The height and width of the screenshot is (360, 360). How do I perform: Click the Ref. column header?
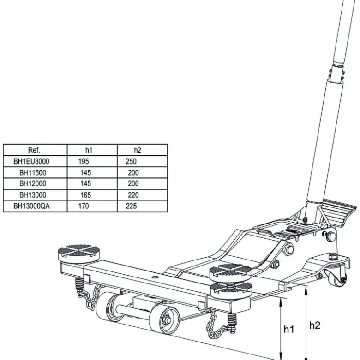pos(34,150)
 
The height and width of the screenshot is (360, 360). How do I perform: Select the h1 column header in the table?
pos(89,150)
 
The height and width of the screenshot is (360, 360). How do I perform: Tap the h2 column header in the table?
pos(138,150)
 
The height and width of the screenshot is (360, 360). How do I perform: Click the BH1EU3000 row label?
pos(31,161)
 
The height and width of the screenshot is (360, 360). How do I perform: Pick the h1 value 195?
pos(84,161)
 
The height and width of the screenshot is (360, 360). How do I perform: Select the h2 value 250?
pos(131,161)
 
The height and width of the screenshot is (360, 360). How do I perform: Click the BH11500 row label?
pos(33,173)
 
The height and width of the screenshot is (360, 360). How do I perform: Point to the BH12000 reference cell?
pos(33,183)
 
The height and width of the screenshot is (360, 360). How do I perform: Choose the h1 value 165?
pos(86,195)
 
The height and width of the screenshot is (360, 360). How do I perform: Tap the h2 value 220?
pos(133,195)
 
